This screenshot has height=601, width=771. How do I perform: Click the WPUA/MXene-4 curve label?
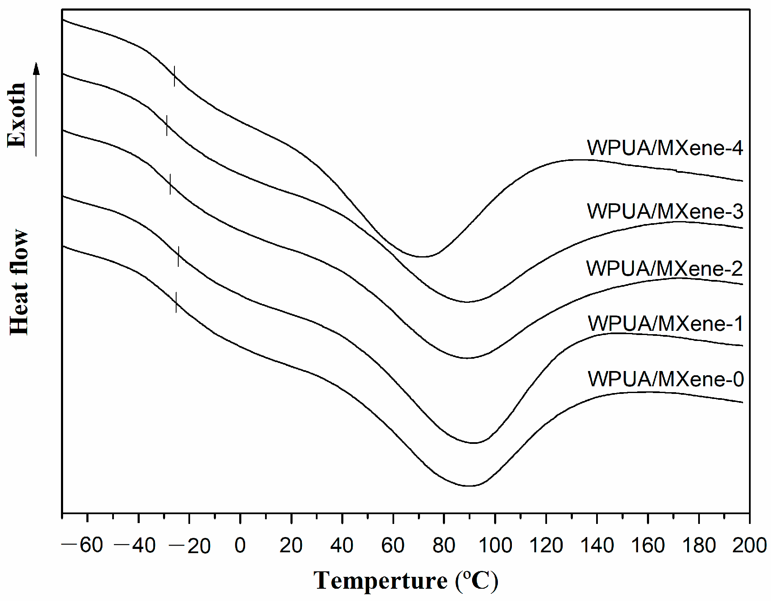[x=664, y=148]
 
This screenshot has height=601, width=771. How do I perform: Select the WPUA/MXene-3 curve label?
[x=665, y=211]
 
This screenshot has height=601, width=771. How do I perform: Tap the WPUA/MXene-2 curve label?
[x=664, y=269]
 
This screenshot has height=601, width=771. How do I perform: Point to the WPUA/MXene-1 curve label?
[x=665, y=324]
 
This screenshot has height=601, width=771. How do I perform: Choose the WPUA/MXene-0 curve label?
[x=665, y=379]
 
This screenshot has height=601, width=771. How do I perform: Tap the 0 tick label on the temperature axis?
[x=240, y=546]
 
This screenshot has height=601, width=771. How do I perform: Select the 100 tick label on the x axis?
[x=495, y=546]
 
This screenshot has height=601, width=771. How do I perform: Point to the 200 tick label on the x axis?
[x=749, y=546]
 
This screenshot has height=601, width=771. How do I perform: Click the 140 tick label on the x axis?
[x=597, y=546]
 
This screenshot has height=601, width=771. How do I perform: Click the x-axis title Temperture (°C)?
[x=406, y=581]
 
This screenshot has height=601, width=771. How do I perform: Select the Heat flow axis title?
[x=19, y=282]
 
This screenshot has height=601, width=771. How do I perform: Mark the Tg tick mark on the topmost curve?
[x=174, y=76]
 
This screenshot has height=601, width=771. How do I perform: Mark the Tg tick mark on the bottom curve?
[x=176, y=302]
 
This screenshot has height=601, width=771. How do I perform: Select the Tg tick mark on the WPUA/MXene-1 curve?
[x=178, y=256]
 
